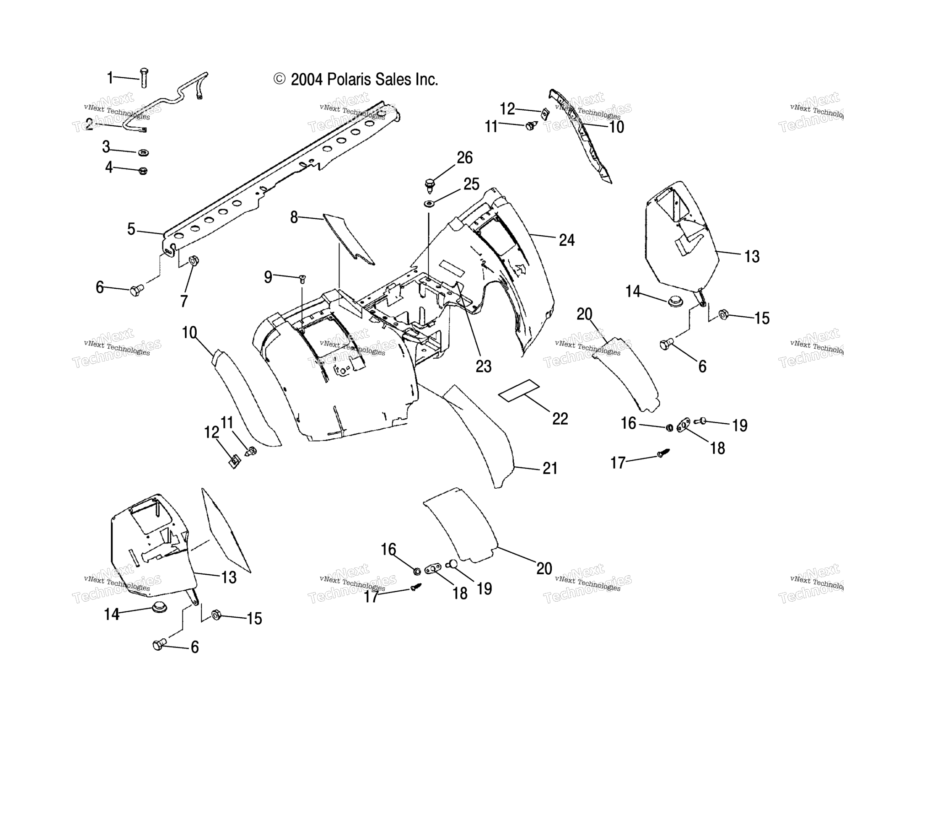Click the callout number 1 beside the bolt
point(110,78)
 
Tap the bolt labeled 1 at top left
point(144,78)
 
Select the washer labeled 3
point(143,152)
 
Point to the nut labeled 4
point(143,171)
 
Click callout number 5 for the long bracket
point(131,229)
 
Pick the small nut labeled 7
point(193,260)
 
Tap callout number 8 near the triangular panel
point(294,217)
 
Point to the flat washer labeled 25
point(429,203)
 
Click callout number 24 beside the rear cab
point(566,240)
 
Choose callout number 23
point(483,366)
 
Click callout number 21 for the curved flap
point(549,468)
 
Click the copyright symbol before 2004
point(280,79)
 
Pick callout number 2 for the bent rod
point(89,124)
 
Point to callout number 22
point(560,418)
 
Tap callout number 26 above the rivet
point(464,157)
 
